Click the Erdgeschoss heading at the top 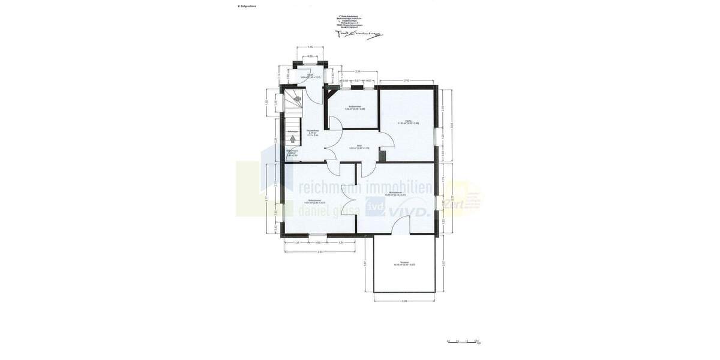click(248, 6)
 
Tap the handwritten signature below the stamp click(358, 34)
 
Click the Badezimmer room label click(355, 107)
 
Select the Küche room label click(408, 122)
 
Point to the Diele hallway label click(359, 146)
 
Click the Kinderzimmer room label click(314, 202)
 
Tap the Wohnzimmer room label click(395, 193)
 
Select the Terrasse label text click(404, 263)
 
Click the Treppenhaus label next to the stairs click(313, 132)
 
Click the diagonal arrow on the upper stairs click(296, 98)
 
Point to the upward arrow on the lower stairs click(293, 139)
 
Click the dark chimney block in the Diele click(382, 156)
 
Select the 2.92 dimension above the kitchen click(406, 80)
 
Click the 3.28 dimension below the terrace click(404, 301)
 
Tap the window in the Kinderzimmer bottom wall click(318, 236)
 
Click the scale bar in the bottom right click(463, 341)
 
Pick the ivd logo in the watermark click(376, 207)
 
